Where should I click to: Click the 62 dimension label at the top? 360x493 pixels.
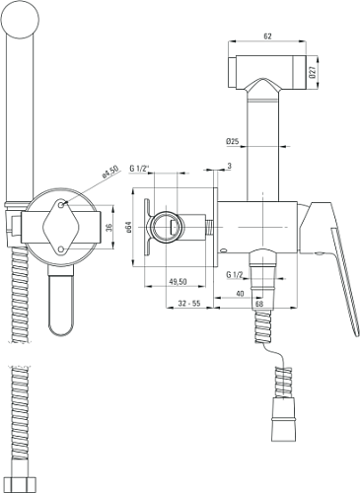point(267,36)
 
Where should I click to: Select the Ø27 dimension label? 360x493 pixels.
point(313,72)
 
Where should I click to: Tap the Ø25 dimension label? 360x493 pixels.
point(232,141)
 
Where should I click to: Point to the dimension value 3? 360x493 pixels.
point(230,166)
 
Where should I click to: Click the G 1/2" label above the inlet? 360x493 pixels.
point(139,169)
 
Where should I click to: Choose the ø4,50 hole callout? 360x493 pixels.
point(110,172)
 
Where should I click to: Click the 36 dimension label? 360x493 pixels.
point(109,227)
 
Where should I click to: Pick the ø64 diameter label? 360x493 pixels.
point(128,227)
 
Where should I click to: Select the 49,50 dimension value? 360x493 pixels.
point(178,282)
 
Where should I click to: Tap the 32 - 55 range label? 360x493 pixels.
point(189,304)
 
